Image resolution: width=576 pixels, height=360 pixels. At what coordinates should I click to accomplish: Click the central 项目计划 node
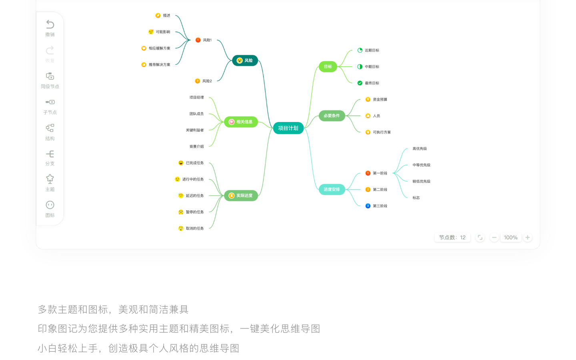tap(288, 128)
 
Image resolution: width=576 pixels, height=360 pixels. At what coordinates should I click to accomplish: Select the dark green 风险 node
tap(245, 60)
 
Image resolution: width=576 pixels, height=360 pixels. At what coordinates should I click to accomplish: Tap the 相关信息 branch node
tap(241, 122)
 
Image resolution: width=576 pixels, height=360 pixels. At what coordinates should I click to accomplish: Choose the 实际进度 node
tap(241, 196)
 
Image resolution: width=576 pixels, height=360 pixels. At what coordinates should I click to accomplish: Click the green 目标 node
tap(328, 66)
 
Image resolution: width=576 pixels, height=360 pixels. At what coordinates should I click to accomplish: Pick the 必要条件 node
tap(332, 116)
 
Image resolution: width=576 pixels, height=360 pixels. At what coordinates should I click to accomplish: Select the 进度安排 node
tap(332, 190)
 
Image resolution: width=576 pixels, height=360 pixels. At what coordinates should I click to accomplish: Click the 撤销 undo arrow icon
tap(50, 24)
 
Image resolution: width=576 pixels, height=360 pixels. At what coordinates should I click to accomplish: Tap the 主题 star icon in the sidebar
tap(50, 179)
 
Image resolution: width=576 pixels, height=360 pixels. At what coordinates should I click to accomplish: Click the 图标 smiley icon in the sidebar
tap(50, 205)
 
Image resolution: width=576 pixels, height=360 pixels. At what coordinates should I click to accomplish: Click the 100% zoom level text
tap(511, 238)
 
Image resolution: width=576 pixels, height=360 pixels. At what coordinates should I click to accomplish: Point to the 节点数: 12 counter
tap(452, 238)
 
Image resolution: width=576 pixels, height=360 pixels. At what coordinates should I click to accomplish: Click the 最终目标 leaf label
tap(372, 83)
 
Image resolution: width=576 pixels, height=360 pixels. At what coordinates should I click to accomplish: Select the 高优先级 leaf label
tap(420, 149)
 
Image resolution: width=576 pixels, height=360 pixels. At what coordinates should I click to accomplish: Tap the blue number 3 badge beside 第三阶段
tap(368, 206)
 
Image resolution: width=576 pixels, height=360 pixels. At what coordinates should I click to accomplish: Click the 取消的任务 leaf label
tap(195, 228)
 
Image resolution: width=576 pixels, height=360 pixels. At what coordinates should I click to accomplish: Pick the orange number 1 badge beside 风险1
tap(198, 40)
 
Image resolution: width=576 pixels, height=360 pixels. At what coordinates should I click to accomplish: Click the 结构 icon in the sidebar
tap(50, 128)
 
